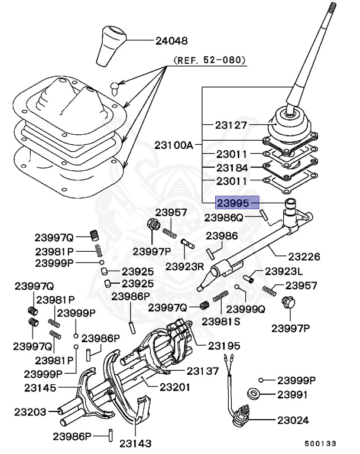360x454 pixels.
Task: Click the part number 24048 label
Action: [171, 41]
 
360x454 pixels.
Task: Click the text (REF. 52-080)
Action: [209, 60]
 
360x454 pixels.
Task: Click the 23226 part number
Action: [304, 257]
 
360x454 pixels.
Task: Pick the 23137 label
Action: [203, 371]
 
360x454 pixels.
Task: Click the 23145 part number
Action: [40, 388]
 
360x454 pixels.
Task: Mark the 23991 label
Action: [293, 394]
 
